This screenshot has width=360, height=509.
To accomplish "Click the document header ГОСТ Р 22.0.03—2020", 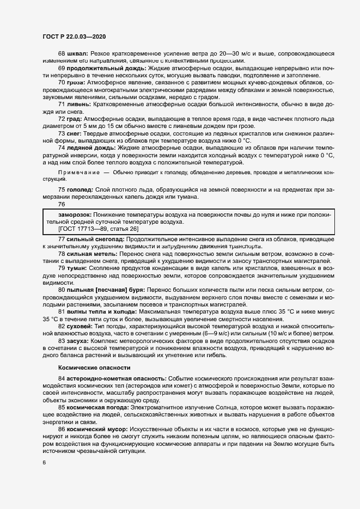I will coord(74,35).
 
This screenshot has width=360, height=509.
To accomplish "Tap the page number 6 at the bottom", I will coord(45,463).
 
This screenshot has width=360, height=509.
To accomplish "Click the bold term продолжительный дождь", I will coord(100,68).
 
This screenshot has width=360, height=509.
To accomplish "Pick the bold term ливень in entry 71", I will coord(79,103).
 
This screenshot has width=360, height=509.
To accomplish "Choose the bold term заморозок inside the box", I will coord(71,215).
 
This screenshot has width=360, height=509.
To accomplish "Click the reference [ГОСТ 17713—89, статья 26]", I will coord(95,229).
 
